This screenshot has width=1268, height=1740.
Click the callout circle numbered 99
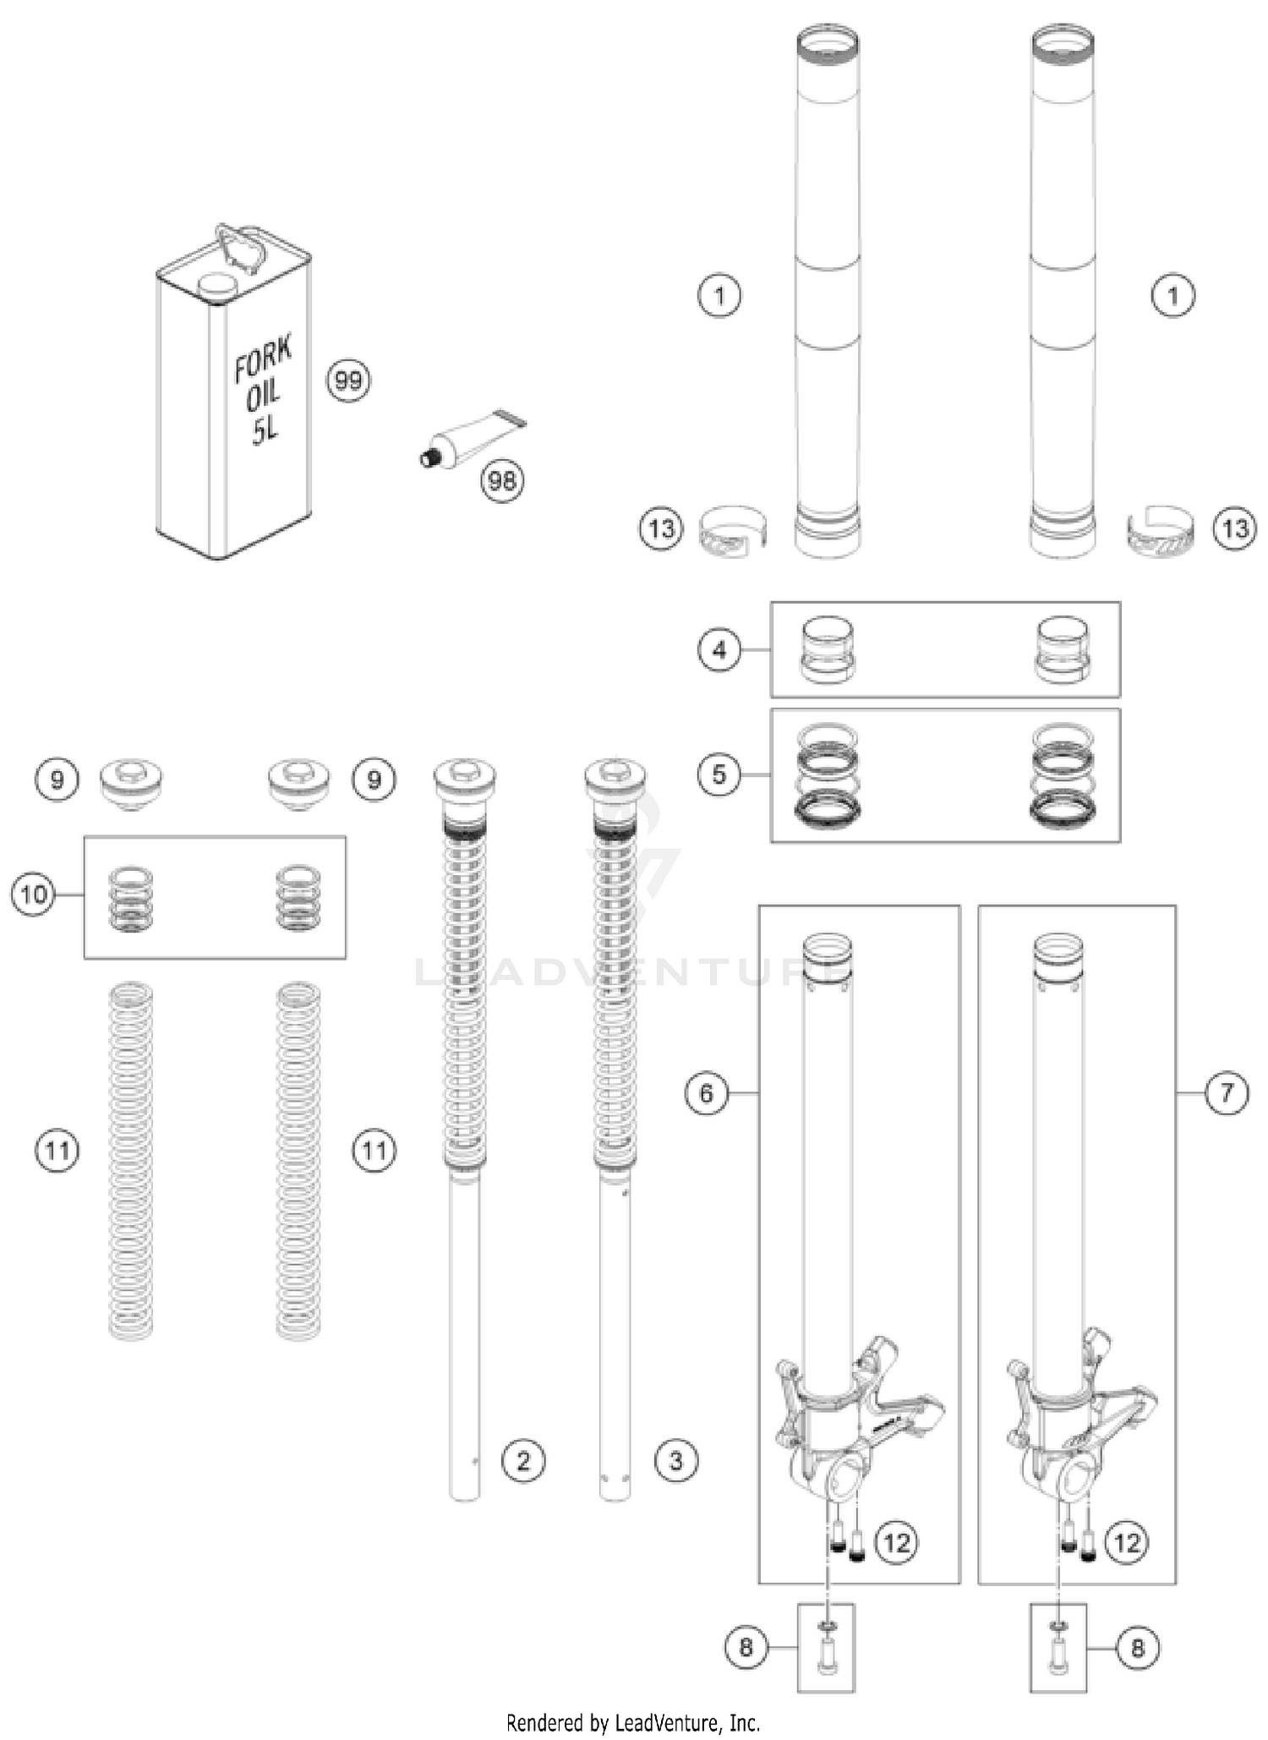348,380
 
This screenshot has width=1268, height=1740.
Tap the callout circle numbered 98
502,480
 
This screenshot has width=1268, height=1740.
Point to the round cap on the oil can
217,286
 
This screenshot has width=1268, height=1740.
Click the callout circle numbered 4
719,649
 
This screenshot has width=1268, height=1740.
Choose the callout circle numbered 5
719,774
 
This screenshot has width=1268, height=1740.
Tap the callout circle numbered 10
33,894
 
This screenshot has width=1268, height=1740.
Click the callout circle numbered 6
706,1093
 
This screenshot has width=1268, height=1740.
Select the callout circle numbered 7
1226,1093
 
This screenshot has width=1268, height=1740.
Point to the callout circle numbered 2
522,1460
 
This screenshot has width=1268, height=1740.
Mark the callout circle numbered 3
675,1460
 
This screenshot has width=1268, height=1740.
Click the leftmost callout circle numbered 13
660,529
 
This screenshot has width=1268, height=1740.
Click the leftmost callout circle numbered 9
57,779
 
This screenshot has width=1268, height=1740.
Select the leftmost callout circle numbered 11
57,1150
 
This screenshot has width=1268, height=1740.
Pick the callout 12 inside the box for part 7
1127,1542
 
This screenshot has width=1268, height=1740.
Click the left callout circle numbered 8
746,1647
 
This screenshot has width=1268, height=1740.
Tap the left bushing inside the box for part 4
827,649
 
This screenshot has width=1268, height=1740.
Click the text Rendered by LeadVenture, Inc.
633,1722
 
